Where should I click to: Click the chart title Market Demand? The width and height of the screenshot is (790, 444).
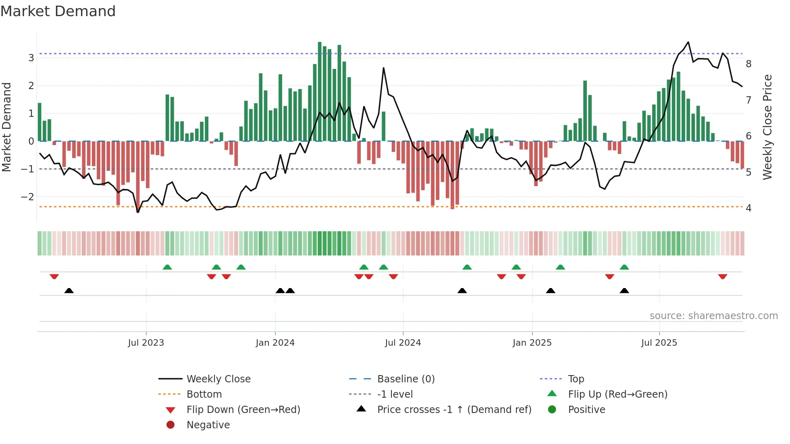coord(58,11)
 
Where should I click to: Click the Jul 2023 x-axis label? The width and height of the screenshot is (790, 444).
coord(146,343)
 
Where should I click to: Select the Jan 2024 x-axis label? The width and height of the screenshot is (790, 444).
coord(275,343)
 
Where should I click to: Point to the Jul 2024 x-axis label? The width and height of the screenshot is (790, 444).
coord(403,343)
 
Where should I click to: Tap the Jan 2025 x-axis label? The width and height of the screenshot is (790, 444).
coord(532,343)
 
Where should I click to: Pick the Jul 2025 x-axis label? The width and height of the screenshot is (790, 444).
coord(659,343)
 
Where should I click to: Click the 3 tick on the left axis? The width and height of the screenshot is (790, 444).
coord(31,58)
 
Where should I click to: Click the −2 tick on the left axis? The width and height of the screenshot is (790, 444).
coord(28,197)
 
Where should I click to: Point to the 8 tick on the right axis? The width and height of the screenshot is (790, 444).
coord(748,64)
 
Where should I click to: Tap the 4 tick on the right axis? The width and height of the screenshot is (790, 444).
coord(748,208)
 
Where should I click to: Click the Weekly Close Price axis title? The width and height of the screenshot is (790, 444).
coord(767,127)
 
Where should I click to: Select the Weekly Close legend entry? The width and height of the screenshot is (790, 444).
coord(218,379)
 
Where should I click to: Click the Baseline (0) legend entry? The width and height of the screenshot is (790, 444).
coord(406,379)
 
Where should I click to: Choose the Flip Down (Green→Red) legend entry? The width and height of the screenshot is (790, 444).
coord(243,410)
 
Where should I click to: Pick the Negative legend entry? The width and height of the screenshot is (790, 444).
coord(208,425)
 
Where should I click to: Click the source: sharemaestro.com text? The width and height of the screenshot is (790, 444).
coord(713,316)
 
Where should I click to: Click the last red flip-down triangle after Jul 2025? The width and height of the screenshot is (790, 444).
coord(722,276)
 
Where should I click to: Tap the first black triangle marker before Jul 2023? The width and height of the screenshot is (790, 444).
coord(69,290)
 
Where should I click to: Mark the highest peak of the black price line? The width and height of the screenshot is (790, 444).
coord(688,42)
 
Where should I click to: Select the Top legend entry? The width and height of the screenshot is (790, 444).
coord(576,379)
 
